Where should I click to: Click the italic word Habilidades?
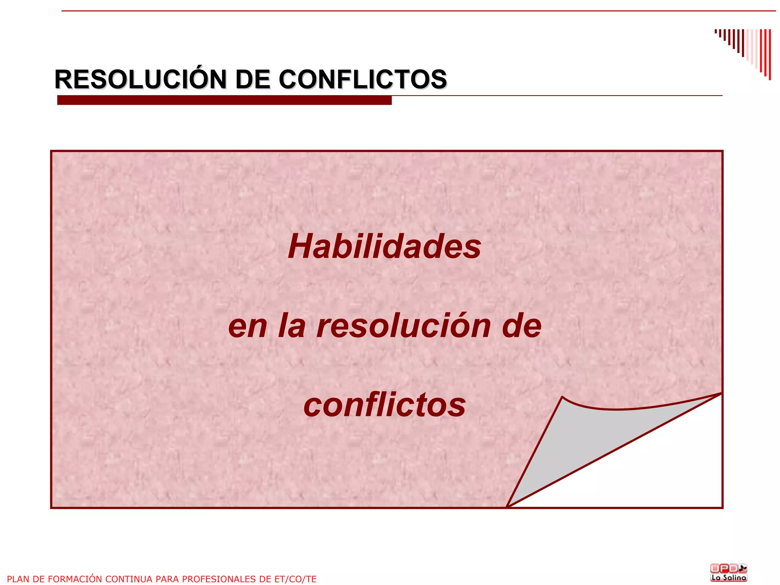(384, 247)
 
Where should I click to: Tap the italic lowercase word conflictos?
(384, 405)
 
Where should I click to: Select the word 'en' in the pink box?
(247, 327)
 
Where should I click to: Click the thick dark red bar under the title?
(224, 100)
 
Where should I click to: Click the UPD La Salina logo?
(729, 572)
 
